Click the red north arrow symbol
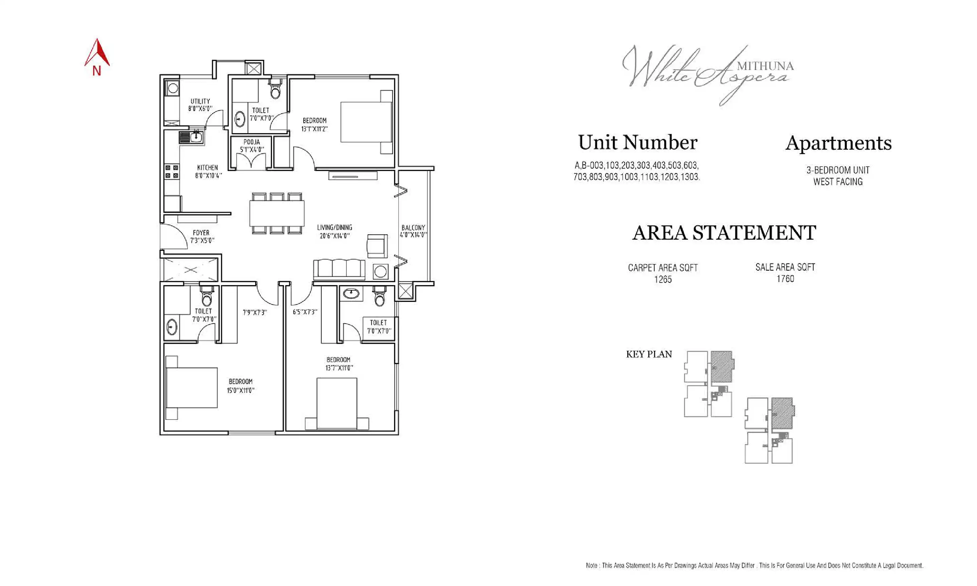[97, 54]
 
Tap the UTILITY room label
[200, 101]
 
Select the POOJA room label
[252, 142]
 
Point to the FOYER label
[201, 233]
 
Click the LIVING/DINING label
[334, 228]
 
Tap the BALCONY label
[413, 228]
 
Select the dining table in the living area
[276, 213]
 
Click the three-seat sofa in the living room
[339, 269]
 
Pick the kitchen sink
[192, 137]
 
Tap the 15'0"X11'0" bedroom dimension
[240, 391]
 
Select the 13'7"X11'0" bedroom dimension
[339, 368]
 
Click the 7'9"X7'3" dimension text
[255, 312]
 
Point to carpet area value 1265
[663, 279]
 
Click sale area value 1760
[785, 279]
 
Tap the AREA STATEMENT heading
[724, 233]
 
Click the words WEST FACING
[838, 182]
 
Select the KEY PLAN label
[649, 354]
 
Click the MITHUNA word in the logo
[765, 66]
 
